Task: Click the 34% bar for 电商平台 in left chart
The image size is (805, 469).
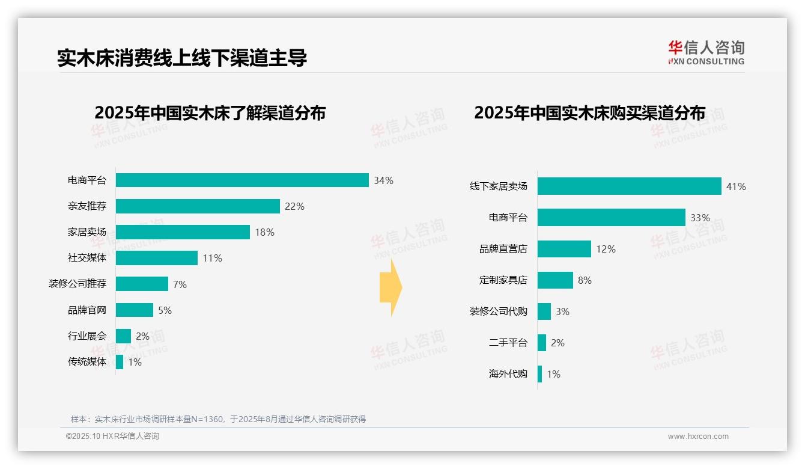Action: (x=242, y=180)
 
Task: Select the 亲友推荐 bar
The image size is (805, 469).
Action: (x=198, y=206)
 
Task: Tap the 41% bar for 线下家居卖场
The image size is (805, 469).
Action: (x=629, y=186)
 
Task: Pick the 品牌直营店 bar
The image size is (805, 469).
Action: (x=564, y=249)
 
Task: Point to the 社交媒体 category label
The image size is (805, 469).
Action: (x=87, y=258)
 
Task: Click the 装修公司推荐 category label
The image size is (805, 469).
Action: (x=77, y=284)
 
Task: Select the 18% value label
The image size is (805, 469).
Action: (x=264, y=232)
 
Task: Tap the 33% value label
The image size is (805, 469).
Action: (x=700, y=218)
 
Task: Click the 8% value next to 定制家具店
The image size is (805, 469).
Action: (x=585, y=280)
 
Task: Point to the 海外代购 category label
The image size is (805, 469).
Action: (x=508, y=374)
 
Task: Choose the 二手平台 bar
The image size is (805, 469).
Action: (x=542, y=343)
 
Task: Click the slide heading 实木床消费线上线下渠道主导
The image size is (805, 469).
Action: (x=182, y=58)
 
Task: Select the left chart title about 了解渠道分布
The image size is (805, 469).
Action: (x=210, y=112)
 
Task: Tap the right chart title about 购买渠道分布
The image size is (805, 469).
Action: (x=589, y=112)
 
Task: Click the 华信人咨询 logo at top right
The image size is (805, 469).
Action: (x=706, y=53)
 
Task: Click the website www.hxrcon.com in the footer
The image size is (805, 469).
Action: (x=698, y=437)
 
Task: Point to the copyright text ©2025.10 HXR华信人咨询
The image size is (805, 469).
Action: (x=112, y=437)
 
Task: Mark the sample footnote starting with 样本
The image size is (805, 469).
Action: (x=218, y=419)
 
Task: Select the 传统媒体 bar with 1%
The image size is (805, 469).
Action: (x=120, y=362)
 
